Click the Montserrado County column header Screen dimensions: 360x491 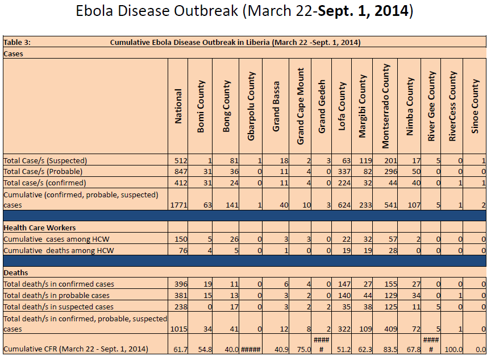point(386,106)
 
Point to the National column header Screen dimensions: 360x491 point(178,106)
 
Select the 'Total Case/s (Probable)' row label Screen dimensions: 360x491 point(43,171)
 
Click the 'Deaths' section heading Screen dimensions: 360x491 point(16,272)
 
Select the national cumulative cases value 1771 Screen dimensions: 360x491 point(177,205)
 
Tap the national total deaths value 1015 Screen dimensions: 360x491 point(177,329)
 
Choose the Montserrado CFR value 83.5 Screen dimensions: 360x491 point(389,349)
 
